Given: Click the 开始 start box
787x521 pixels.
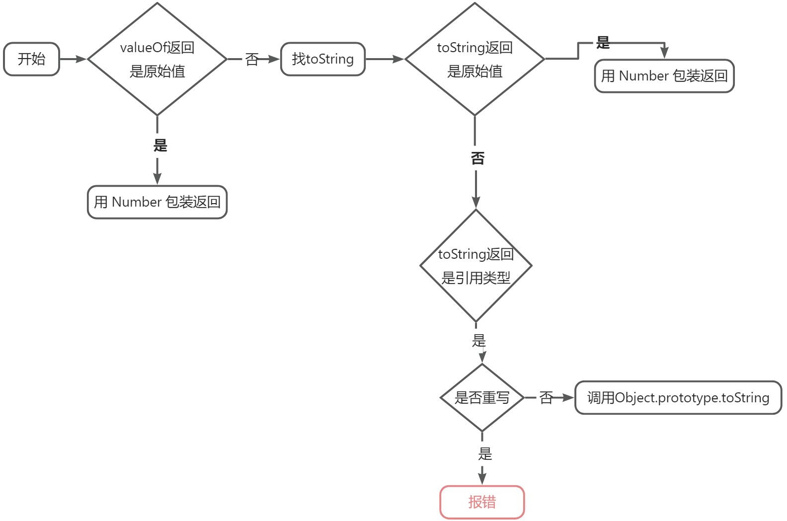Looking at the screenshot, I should (x=31, y=59).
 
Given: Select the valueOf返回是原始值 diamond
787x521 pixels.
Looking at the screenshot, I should (x=157, y=59).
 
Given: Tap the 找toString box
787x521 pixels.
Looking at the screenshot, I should (x=323, y=59).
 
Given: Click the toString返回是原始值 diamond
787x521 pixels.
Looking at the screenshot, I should (x=474, y=59).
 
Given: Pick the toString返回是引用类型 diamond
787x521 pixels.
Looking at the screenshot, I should (x=475, y=266).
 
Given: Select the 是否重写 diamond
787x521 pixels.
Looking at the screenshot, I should (x=482, y=397).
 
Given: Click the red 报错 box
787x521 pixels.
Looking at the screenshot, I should (x=482, y=502).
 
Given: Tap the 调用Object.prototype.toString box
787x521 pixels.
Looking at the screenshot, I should (x=678, y=397).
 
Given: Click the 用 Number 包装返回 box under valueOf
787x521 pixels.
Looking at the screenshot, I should (x=157, y=202).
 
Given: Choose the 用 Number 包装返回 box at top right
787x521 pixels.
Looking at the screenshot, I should (x=664, y=76).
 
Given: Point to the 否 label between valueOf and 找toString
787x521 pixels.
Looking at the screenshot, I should (x=252, y=60).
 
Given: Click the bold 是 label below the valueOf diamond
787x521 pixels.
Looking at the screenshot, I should (x=160, y=146).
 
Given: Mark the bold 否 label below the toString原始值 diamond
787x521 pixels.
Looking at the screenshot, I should (x=477, y=158).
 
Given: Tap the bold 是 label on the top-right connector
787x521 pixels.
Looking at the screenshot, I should (x=603, y=43).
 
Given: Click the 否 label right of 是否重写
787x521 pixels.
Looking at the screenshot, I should (x=546, y=397).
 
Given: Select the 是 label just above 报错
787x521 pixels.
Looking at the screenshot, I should (x=485, y=453).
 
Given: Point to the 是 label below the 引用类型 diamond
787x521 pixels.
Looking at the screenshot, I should (x=478, y=341).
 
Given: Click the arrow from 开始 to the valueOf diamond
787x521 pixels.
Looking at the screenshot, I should (x=73, y=59).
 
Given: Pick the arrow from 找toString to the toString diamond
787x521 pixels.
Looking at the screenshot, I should (x=385, y=59).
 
